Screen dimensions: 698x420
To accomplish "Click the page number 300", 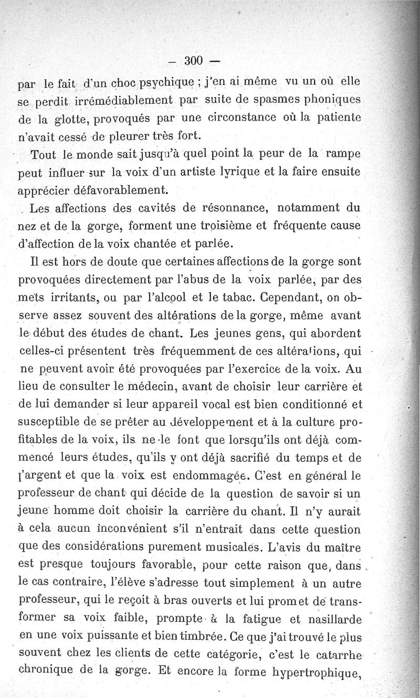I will [x=194, y=61].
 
